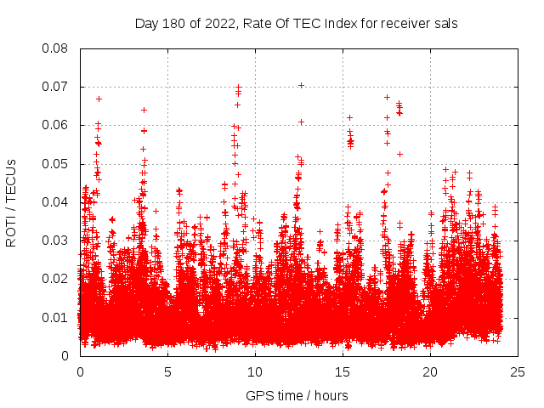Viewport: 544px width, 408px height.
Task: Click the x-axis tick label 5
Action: point(167,372)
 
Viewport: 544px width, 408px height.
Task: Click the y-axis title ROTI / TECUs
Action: point(12,202)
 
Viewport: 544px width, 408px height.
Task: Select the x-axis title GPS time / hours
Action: point(297,396)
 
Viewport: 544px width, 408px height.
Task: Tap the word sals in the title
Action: point(446,24)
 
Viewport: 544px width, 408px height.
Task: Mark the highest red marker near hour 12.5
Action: point(301,85)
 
